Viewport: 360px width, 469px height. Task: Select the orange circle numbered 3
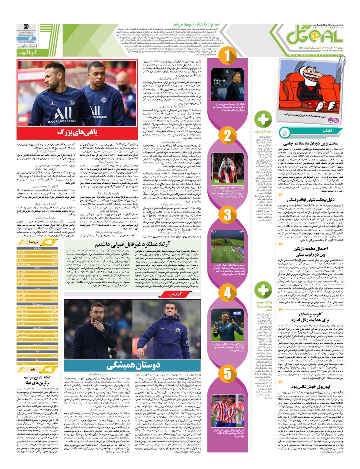pos(227,215)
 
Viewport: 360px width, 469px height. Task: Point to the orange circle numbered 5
pos(227,373)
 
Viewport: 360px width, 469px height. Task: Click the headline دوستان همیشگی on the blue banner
pos(133,365)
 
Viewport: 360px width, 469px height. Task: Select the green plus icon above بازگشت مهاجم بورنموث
pos(263,289)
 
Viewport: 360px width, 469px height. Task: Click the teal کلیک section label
pos(327,131)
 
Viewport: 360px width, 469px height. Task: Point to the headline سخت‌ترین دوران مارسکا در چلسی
pos(311,143)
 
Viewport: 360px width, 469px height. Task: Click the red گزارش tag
pos(175,294)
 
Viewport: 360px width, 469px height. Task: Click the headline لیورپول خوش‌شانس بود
pos(310,387)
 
